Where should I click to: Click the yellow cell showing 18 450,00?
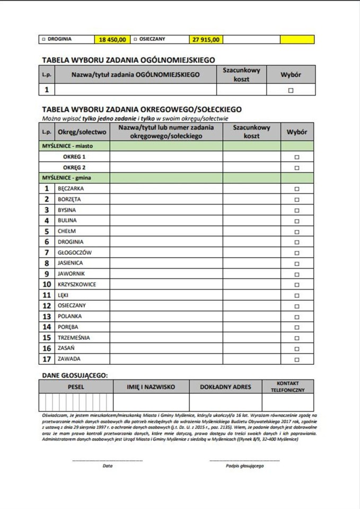click(x=112, y=39)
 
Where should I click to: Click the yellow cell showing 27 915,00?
click(x=206, y=39)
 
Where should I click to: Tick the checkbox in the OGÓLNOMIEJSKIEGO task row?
click(x=291, y=90)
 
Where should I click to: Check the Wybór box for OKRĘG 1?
click(x=296, y=157)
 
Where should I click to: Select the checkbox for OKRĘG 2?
click(x=296, y=168)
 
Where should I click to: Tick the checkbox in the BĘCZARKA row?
click(x=296, y=189)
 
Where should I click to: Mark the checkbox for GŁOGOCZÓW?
click(x=296, y=252)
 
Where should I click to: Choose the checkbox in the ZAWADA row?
click(x=296, y=359)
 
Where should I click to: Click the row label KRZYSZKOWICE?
click(x=77, y=284)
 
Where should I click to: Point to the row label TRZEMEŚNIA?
click(x=74, y=338)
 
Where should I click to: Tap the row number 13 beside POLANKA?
click(x=47, y=317)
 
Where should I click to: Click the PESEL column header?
click(x=76, y=387)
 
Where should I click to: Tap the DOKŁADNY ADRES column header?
click(x=225, y=387)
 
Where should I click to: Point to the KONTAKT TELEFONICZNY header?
click(x=287, y=387)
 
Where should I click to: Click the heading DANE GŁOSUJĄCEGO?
click(x=74, y=375)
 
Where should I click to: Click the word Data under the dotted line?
click(x=108, y=466)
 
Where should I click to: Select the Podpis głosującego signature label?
click(x=244, y=466)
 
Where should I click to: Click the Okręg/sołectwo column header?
click(x=82, y=131)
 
